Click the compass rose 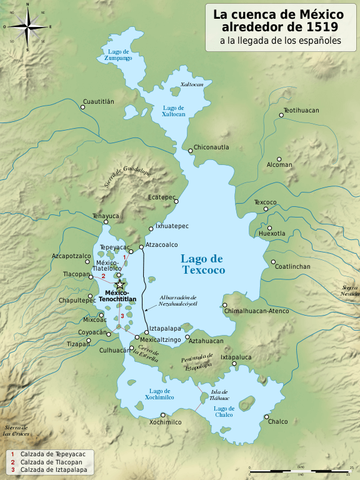tap(27, 27)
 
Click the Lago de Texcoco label tap(202, 264)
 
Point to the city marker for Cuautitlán tap(83, 107)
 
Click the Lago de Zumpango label tap(119, 54)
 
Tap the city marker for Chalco tap(266, 417)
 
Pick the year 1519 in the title tap(321, 27)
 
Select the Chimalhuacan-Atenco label tap(256, 311)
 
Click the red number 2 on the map tap(103, 276)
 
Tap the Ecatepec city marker tap(177, 202)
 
